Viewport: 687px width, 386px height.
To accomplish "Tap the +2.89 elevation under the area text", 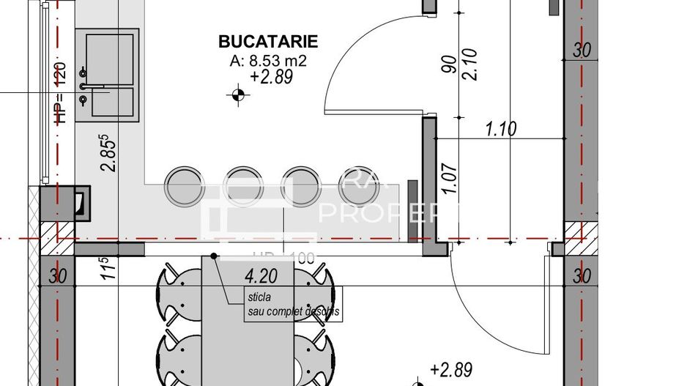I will (272, 78).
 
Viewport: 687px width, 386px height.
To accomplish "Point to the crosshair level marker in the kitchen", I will (237, 94).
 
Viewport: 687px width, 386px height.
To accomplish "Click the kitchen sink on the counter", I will (109, 73).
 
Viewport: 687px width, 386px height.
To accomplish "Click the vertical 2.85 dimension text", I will (109, 152).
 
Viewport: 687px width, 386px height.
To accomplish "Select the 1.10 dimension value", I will (501, 130).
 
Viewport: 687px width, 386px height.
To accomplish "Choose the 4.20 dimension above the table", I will (261, 278).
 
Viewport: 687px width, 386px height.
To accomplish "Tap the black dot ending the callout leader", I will (213, 256).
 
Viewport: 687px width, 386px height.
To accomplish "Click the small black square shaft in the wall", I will (82, 203).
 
